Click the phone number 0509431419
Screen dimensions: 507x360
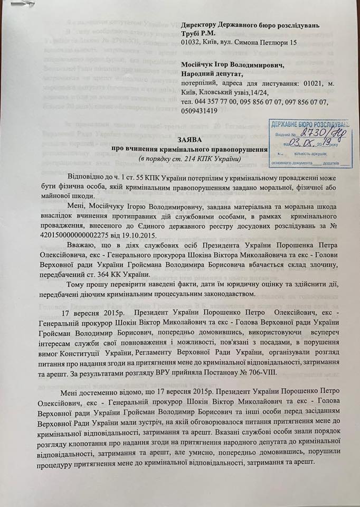pos(199,111)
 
